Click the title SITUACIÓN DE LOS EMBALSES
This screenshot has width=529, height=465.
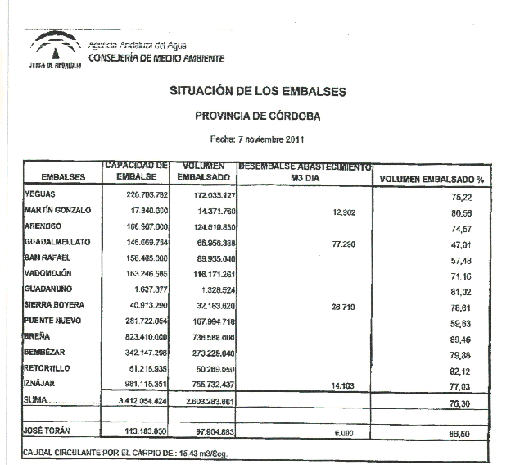(x=257, y=91)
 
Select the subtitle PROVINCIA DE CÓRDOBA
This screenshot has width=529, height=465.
(x=258, y=116)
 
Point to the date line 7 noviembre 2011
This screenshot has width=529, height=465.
(x=257, y=139)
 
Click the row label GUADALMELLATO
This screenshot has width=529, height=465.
(x=57, y=242)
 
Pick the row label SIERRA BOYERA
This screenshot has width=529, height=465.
(x=54, y=306)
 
